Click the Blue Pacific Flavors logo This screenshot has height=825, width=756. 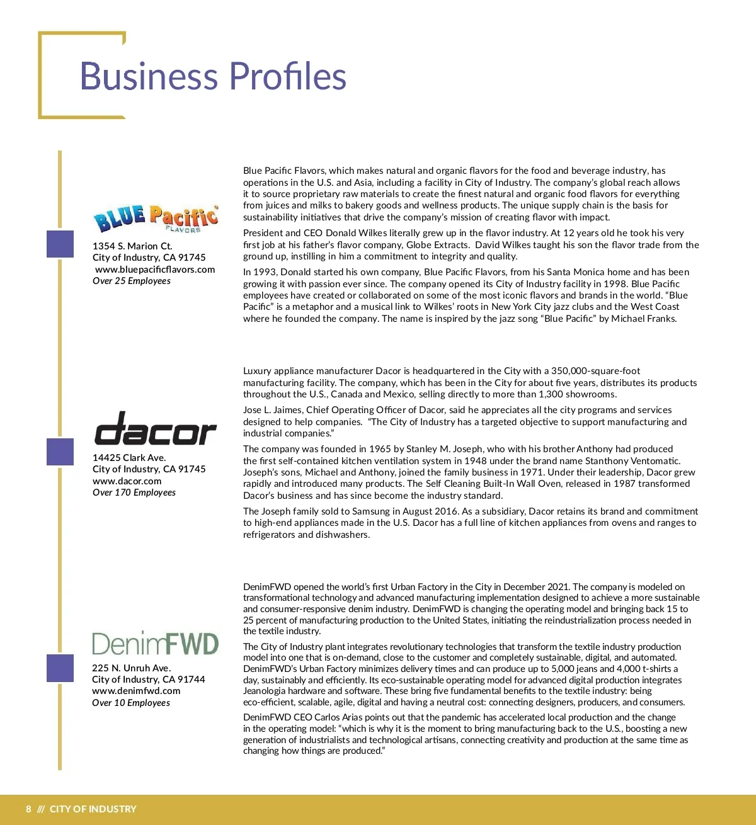[156, 218]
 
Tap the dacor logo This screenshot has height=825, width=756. [155, 429]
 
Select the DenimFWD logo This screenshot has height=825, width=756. [156, 644]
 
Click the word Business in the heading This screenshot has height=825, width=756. [149, 76]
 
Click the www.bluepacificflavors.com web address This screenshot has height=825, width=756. [155, 270]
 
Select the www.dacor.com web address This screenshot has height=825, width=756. [127, 481]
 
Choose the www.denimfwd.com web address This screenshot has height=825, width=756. [135, 691]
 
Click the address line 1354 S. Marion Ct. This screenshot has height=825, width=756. [132, 246]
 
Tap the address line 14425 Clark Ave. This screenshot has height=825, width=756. [129, 458]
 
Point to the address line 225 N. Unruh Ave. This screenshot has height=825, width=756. [131, 668]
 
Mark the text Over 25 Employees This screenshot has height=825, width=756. [132, 281]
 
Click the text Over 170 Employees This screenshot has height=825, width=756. [134, 492]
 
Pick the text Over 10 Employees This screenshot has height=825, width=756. [131, 703]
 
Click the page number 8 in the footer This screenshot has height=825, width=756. [28, 809]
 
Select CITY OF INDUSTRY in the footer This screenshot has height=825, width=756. [93, 809]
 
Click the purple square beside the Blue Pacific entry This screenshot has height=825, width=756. [60, 244]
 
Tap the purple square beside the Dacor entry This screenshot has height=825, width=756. [60, 452]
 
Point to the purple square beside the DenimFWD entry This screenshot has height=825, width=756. [60, 668]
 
